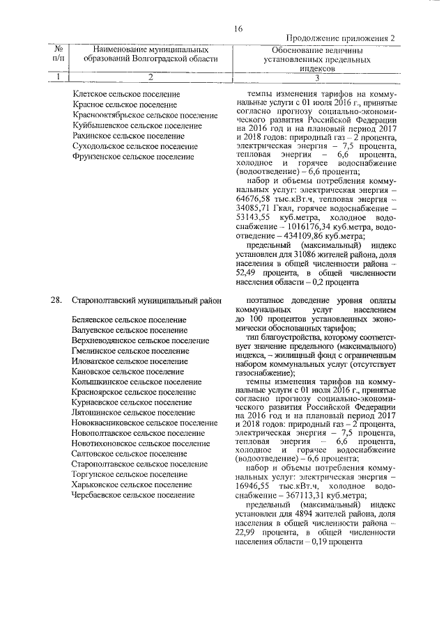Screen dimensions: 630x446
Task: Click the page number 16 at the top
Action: coord(238,29)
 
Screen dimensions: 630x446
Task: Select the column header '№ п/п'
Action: coord(59,54)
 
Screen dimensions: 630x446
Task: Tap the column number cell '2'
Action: coord(149,77)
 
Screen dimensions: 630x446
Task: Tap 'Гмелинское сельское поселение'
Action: coord(130,351)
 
